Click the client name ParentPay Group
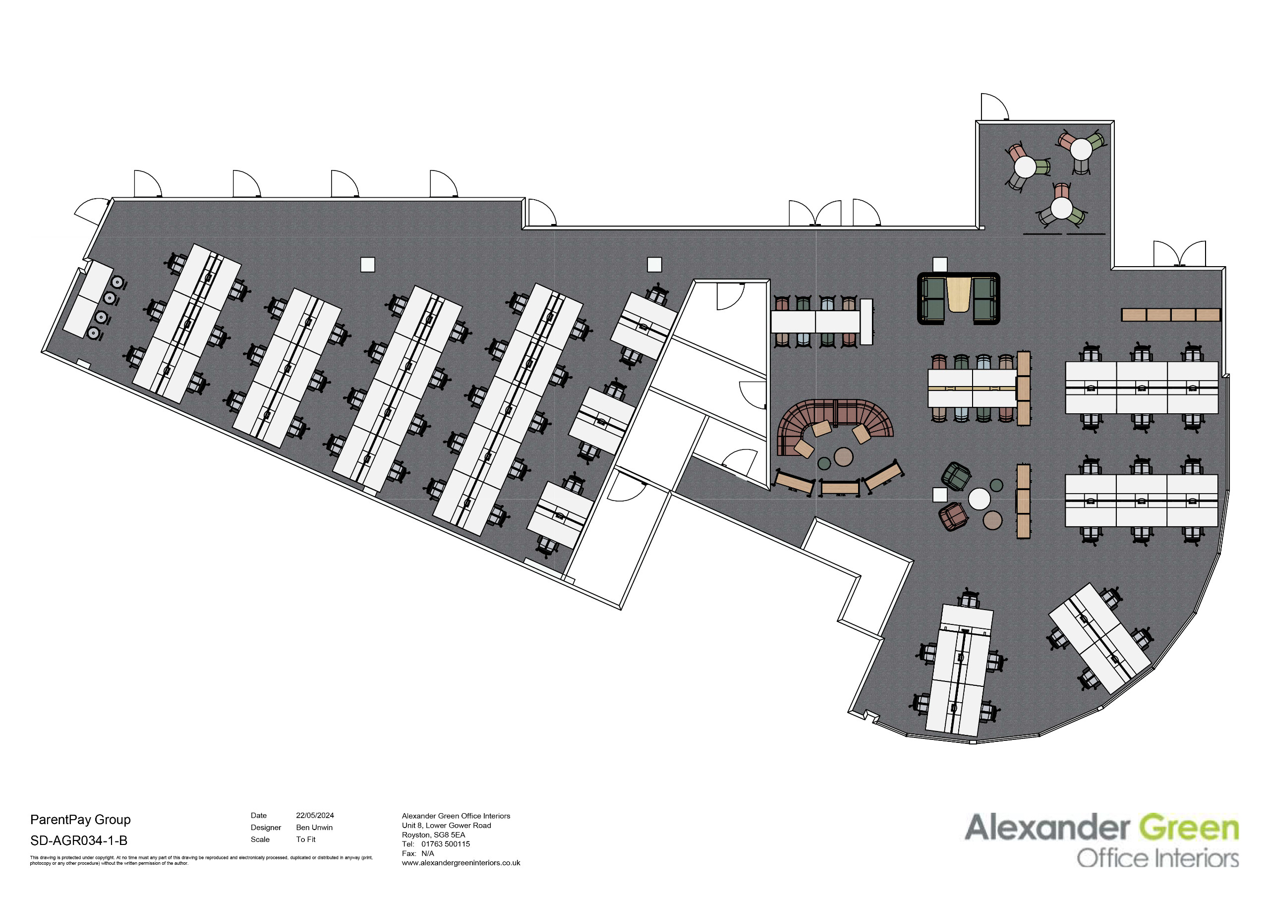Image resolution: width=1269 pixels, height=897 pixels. [x=81, y=820]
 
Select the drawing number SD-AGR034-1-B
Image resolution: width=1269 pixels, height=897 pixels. [x=79, y=841]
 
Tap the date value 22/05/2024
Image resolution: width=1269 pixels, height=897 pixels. [x=315, y=815]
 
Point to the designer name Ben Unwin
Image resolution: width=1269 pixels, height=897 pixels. [x=314, y=827]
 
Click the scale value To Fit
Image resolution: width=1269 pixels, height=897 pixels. [x=306, y=840]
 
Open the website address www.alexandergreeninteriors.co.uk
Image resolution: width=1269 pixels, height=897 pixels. [x=461, y=863]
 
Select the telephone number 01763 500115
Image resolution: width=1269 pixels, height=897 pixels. [x=446, y=844]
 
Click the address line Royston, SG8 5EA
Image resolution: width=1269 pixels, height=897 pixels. [x=433, y=835]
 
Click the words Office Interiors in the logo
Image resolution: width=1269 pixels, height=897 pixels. [x=1157, y=859]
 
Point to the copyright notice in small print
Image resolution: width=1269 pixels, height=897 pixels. [x=201, y=860]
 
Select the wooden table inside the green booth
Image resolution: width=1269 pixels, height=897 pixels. [x=959, y=294]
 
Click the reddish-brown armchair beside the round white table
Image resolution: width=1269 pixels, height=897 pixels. [x=953, y=516]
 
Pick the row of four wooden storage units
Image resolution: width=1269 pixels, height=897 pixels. [x=1171, y=315]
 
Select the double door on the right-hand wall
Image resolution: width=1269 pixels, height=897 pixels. [x=1179, y=254]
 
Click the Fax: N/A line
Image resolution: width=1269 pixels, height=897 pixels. [x=418, y=853]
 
